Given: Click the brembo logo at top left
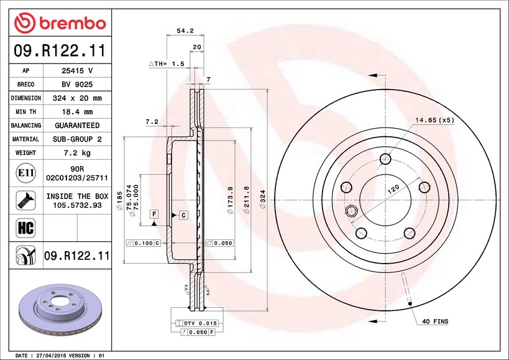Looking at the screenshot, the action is pos(60,23).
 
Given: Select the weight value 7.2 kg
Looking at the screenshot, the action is pos(77,152).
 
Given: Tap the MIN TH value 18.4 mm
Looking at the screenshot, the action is pos(77,112).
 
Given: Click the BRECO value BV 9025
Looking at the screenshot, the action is pos(77,85).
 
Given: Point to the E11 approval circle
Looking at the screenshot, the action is pos(25,173).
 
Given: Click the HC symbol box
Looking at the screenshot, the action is pos(25,228).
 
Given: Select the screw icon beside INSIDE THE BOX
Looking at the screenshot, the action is pos(25,200).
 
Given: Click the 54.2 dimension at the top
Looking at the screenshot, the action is pos(185,31).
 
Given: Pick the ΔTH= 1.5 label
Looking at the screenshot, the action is pos(167,64).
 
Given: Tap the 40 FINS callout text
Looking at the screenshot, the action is pos(435,321).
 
